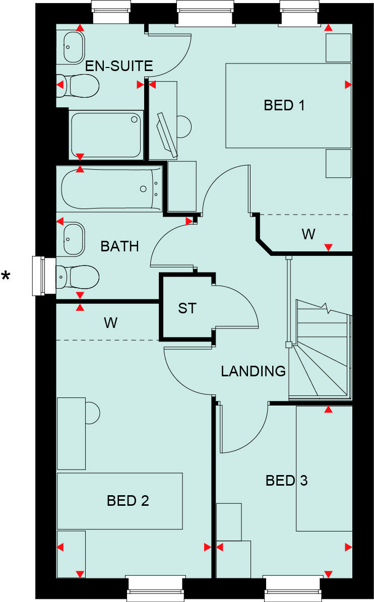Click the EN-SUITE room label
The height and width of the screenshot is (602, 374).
119,66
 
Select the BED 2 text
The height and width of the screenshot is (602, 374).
128,501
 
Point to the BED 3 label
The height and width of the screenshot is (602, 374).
286,481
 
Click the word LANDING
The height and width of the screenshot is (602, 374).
253,371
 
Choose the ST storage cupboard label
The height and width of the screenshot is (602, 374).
186,308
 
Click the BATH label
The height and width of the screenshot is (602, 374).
119,246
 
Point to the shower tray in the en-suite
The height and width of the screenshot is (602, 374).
105,135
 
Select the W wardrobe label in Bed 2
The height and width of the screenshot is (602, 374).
110,322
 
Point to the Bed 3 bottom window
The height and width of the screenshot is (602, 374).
291,588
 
